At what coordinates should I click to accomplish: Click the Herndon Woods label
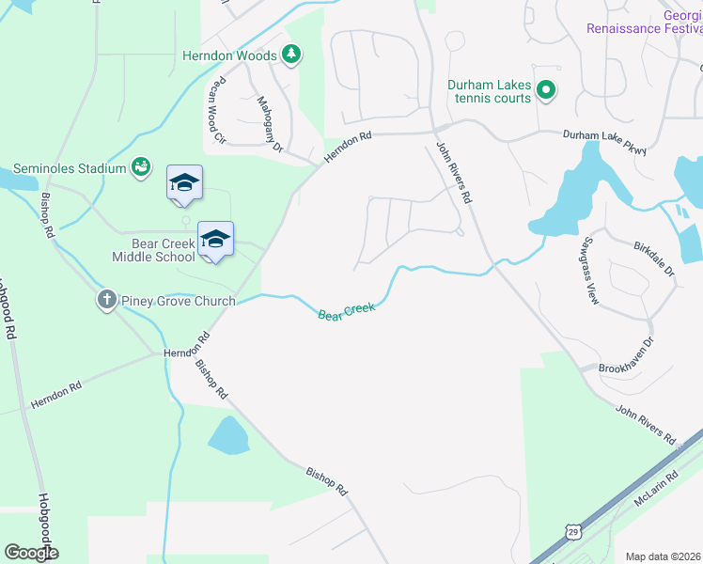pos(229,55)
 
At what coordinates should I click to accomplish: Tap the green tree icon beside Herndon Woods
pos(292,55)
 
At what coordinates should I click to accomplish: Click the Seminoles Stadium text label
pos(77,169)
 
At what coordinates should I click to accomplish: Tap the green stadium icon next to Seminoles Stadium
pos(141,167)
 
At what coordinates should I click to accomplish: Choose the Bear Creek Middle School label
pos(153,250)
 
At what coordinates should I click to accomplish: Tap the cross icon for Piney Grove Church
pos(106,301)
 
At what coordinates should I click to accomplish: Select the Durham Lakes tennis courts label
pos(489,91)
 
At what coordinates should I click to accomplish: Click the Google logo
pos(31,553)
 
